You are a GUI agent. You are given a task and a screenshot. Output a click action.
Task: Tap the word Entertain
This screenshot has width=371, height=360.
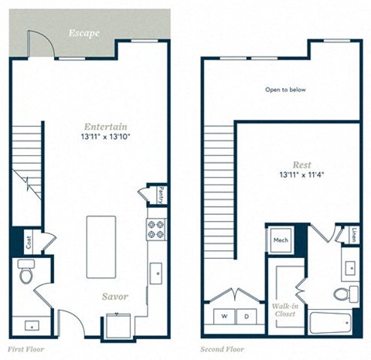[107, 126]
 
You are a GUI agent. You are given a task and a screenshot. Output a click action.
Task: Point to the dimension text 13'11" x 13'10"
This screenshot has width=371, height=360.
[107, 137]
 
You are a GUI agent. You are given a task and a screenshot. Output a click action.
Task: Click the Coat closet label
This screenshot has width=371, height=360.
[28, 242]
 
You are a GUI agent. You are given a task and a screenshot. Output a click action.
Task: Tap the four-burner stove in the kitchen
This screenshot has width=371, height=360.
[154, 228]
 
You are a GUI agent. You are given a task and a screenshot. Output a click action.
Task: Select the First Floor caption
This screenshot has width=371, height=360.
[28, 349]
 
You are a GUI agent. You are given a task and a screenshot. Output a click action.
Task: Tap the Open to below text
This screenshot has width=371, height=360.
[286, 90]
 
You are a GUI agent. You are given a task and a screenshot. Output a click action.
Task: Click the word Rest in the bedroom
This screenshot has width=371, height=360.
[301, 165]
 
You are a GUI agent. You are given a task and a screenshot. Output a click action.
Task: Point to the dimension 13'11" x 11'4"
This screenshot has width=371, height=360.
[301, 175]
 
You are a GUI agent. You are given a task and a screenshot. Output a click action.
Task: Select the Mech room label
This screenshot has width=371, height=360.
[279, 240]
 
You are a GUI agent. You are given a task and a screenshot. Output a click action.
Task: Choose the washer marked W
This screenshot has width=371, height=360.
[225, 317]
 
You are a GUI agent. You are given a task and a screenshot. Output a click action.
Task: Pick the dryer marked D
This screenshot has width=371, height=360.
[247, 317]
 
